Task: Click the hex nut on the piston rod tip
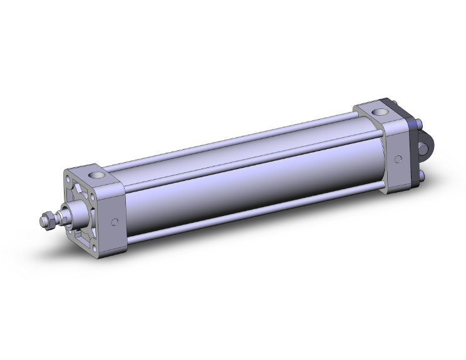pyautogui.click(x=46, y=220)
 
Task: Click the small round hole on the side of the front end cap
pyautogui.click(x=115, y=222)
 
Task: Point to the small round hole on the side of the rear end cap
pyautogui.click(x=398, y=160)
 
